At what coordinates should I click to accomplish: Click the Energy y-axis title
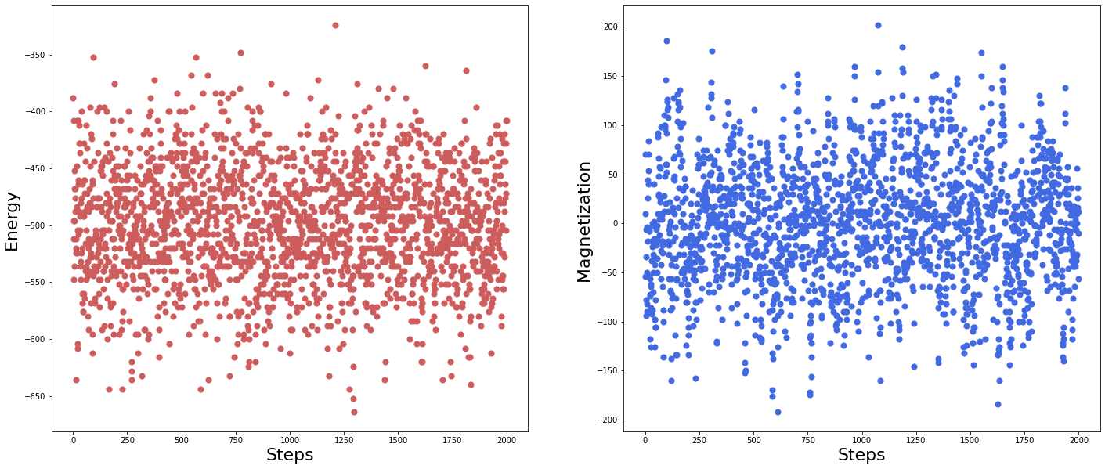[x=12, y=221]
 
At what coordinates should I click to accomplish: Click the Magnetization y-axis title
[x=584, y=221]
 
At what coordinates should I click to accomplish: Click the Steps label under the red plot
[x=290, y=455]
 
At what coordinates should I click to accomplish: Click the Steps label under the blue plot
[x=861, y=455]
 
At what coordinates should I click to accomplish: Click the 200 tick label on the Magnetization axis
[x=609, y=27]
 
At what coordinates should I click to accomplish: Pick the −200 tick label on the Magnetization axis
[x=608, y=420]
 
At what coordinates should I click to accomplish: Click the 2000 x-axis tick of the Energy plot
[x=507, y=440]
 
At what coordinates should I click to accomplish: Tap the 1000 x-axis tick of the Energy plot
[x=290, y=440]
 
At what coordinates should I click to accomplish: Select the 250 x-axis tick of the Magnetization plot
[x=699, y=440]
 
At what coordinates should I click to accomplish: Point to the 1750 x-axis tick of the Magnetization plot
[x=1024, y=440]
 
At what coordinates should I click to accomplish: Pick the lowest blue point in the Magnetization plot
[x=778, y=412]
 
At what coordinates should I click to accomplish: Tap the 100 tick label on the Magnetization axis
[x=609, y=125]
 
